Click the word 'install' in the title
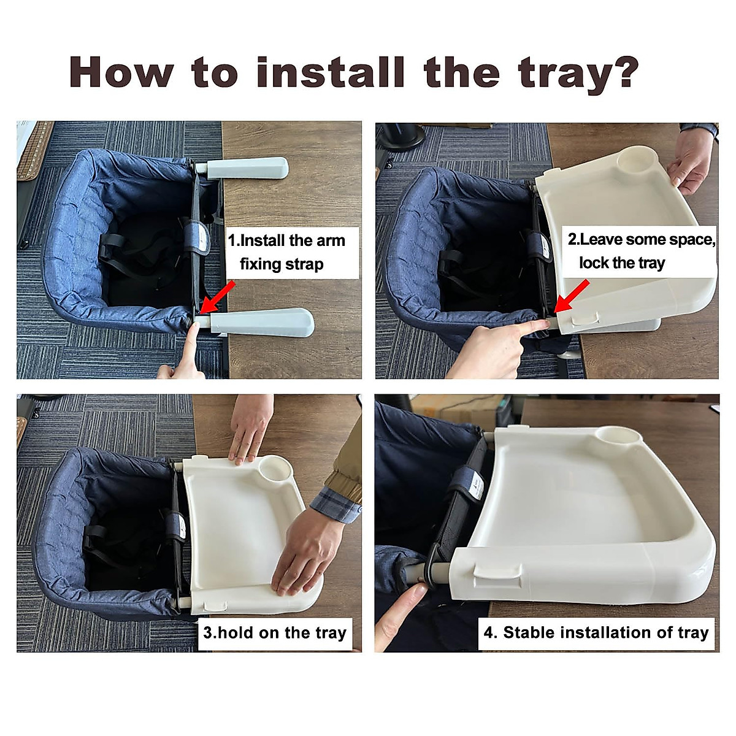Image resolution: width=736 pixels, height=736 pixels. pos(331,72)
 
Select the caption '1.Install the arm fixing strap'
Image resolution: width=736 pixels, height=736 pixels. pos(287,252)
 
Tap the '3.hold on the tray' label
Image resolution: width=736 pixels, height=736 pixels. pos(275,633)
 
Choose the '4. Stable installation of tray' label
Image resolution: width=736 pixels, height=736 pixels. pos(596,633)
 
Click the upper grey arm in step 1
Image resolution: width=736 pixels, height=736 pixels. pos(247,169)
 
